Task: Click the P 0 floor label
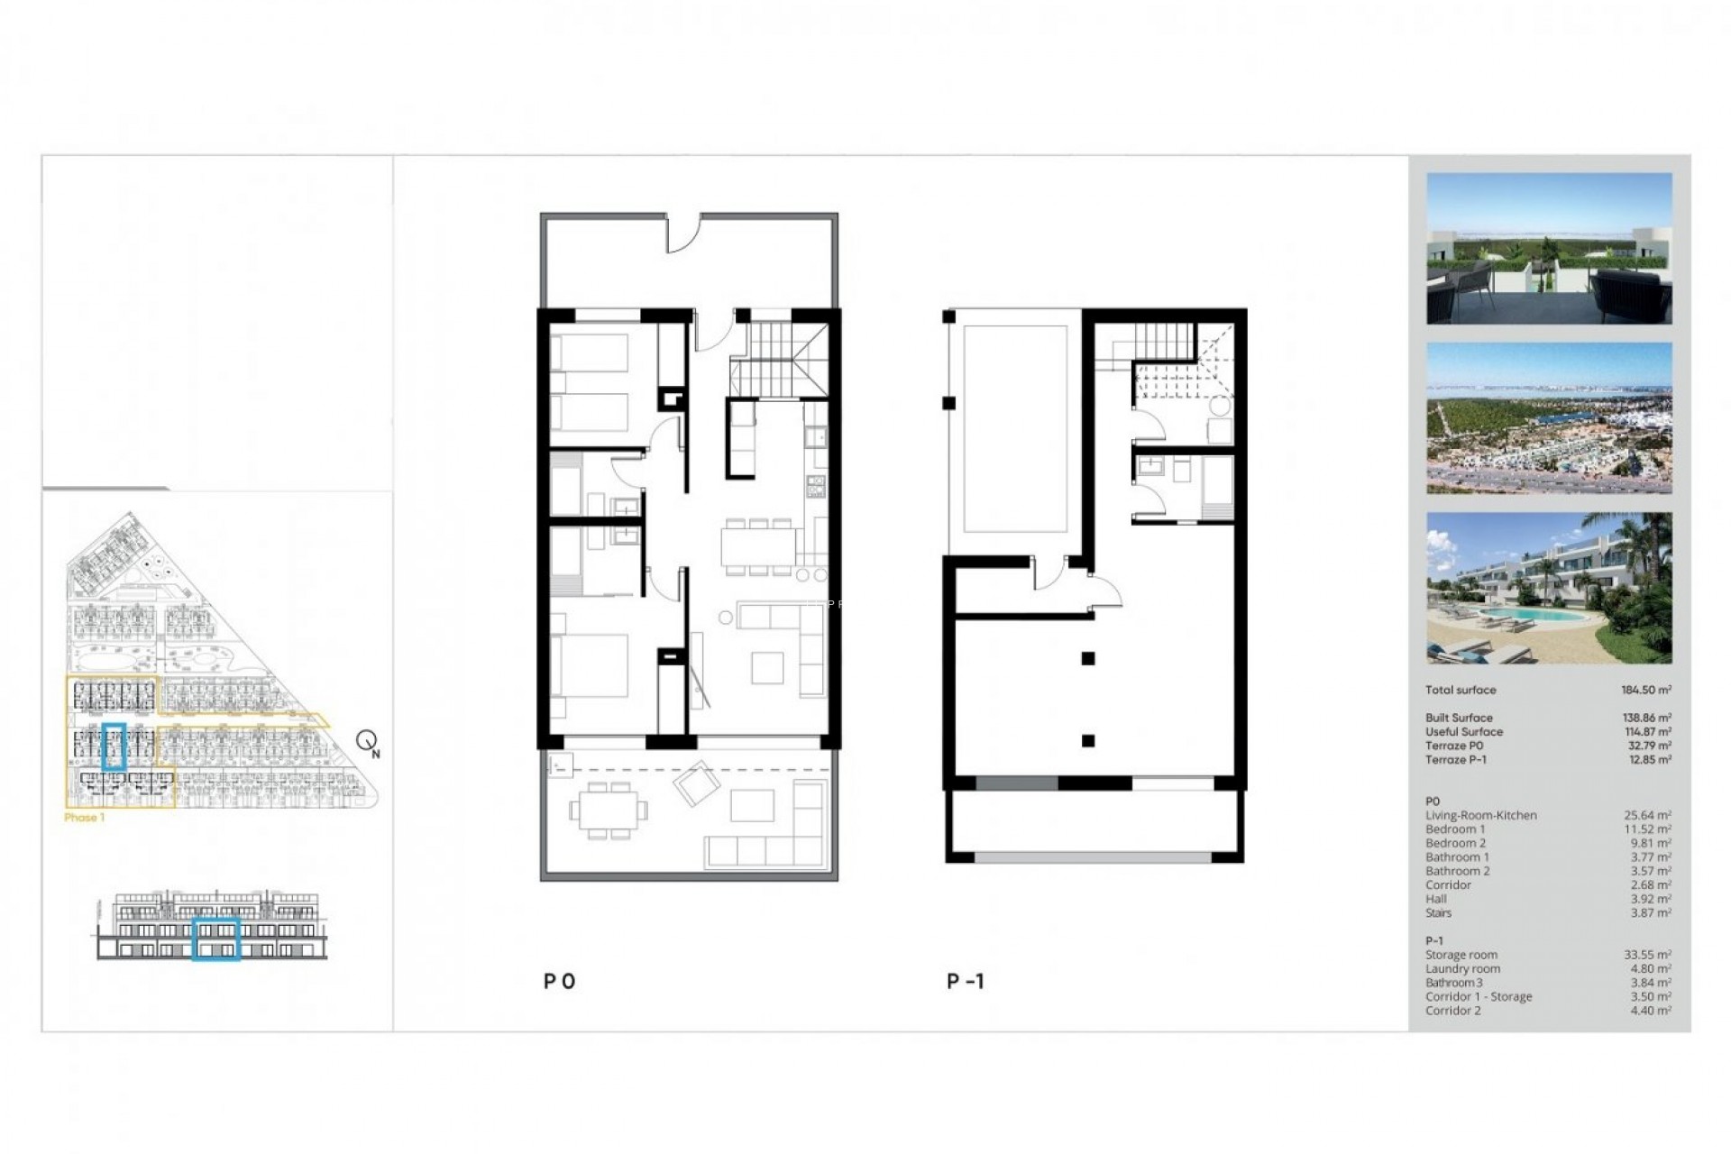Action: (x=559, y=982)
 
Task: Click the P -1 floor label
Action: (x=966, y=982)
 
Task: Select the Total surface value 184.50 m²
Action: (x=1646, y=690)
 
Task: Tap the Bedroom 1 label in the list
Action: (x=1455, y=829)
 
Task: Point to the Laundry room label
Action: (x=1462, y=969)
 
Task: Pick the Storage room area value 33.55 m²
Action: (x=1647, y=955)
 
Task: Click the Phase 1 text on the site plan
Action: (x=84, y=818)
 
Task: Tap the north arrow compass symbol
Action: (x=367, y=742)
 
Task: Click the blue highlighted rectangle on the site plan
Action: (x=114, y=746)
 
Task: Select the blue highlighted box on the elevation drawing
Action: (x=216, y=939)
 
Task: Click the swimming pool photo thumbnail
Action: (x=1549, y=588)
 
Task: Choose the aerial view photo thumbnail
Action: (x=1549, y=418)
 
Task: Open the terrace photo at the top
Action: (x=1549, y=249)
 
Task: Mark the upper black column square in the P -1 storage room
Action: (x=1088, y=659)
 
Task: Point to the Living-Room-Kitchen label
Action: (x=1480, y=816)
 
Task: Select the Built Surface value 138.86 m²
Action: (x=1647, y=719)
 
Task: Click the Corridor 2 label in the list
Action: (x=1452, y=1011)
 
